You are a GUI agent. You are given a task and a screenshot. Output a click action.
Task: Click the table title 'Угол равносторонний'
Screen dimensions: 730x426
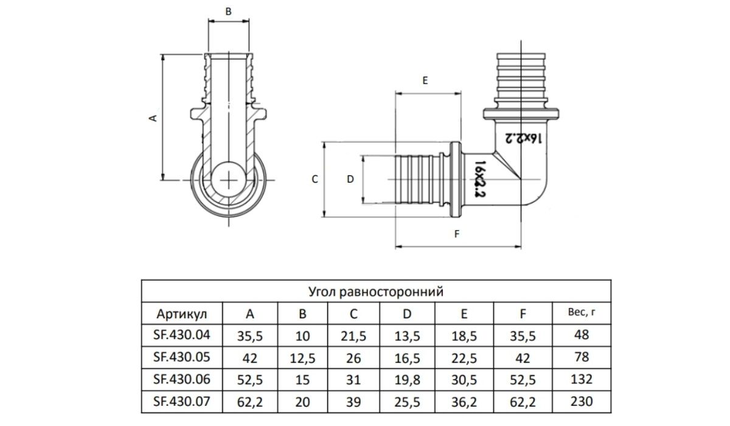[x=376, y=292]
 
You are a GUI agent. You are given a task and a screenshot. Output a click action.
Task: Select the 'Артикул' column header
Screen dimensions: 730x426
[x=181, y=314]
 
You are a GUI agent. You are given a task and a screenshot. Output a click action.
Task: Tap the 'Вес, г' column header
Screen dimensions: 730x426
[x=582, y=312]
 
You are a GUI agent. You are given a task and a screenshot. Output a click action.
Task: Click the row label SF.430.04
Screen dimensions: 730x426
[x=181, y=335]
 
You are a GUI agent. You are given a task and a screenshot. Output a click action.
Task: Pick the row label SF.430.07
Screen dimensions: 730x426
[x=181, y=402]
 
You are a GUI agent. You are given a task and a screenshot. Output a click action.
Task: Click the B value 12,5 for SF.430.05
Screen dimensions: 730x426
[x=302, y=358]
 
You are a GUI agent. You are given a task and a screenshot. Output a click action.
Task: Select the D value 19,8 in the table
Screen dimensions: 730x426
[x=407, y=380]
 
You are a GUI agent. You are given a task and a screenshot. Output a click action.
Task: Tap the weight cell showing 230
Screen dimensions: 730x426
[x=582, y=402]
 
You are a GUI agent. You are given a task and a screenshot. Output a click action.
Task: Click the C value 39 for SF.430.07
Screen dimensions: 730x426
[x=353, y=402]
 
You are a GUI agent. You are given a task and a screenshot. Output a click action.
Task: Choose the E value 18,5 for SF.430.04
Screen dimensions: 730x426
[x=464, y=336]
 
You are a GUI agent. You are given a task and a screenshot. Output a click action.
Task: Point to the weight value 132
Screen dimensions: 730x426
[x=582, y=379]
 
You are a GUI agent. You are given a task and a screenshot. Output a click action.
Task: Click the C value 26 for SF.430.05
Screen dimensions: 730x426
[x=353, y=358]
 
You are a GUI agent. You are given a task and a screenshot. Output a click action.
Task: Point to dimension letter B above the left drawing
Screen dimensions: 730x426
[x=229, y=12]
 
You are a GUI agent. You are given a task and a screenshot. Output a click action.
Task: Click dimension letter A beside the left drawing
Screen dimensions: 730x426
[x=153, y=118]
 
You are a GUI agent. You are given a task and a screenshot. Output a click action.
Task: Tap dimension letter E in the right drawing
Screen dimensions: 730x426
[x=425, y=81]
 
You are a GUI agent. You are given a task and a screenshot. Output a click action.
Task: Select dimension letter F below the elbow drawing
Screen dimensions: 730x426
[x=457, y=234]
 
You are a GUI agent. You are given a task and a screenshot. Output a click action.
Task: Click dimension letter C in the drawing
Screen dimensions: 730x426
[x=315, y=180]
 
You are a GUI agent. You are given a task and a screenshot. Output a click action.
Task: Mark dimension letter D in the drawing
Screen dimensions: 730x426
[x=350, y=180]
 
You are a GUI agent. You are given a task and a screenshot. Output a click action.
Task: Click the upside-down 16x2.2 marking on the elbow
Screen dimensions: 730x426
[x=523, y=139]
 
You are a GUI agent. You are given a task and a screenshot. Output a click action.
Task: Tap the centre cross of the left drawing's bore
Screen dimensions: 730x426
[x=229, y=180]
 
